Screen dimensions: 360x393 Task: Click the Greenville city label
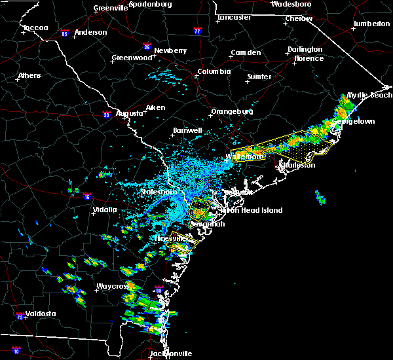coord(110,8)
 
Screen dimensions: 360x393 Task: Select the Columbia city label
coord(214,71)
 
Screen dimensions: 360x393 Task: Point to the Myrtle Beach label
coord(369,95)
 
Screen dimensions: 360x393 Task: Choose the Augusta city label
coord(129,113)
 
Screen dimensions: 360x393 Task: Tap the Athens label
coord(29,75)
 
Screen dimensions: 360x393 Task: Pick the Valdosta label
coord(37,314)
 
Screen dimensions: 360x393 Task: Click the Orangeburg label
coord(232,111)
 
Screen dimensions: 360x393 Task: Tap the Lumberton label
coord(371,24)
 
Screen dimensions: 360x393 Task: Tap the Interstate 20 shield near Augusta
coord(106,115)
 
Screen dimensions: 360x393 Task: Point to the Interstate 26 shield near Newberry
coord(147,46)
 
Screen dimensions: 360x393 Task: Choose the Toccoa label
coord(35,28)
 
